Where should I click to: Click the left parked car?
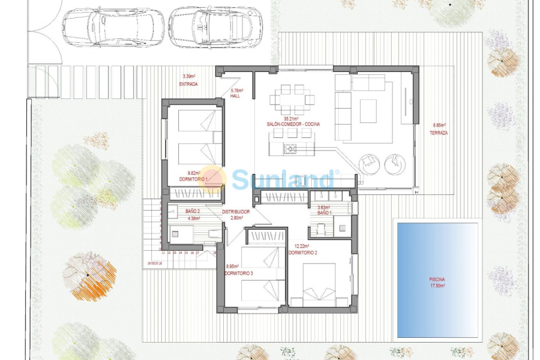coord(113,27)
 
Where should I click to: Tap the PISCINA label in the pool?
coord(437,280)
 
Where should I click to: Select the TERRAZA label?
coord(440,133)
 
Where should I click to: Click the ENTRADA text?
coord(188,84)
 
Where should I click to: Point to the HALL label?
coord(235,96)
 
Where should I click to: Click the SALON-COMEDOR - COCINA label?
coord(293,124)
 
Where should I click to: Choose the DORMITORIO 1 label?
coord(193,179)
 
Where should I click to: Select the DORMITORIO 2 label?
coord(303,253)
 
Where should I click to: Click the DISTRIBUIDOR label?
coord(236,212)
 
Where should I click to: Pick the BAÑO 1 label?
coord(325,212)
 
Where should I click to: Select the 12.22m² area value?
coord(301,246)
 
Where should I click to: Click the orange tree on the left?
coord(89,275)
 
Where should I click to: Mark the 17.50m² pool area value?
coord(437,286)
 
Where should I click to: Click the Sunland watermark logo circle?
coord(212,179)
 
